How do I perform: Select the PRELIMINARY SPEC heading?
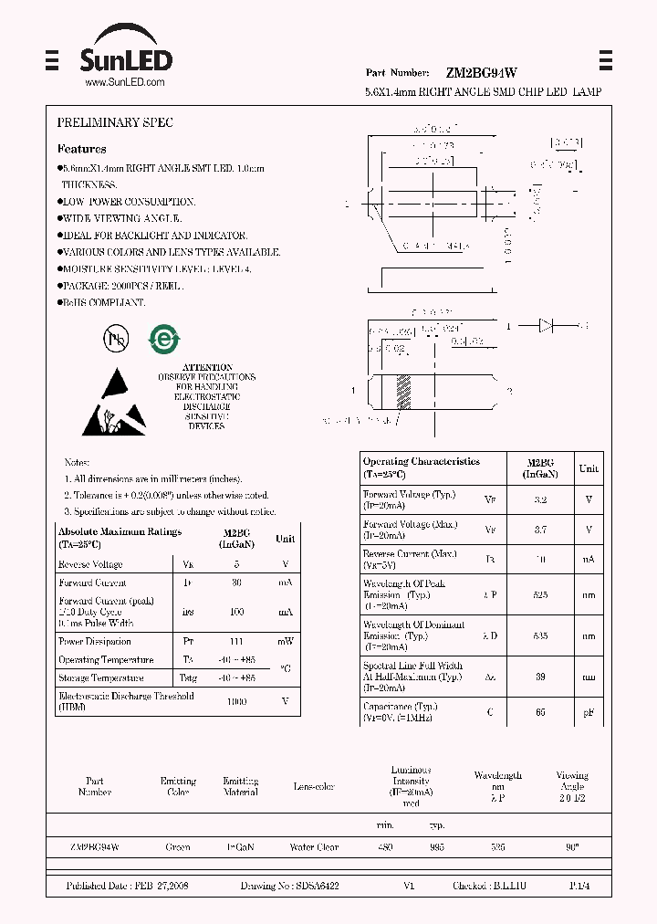(115, 122)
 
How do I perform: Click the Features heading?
(81, 149)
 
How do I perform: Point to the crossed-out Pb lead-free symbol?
(116, 340)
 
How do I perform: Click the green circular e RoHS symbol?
(164, 340)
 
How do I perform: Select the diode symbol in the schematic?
(547, 324)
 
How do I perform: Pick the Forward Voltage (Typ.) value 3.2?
(540, 499)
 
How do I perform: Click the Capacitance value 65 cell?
(540, 711)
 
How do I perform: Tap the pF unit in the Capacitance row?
(589, 711)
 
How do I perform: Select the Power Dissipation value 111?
(236, 641)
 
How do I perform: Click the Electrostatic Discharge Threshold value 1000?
(236, 701)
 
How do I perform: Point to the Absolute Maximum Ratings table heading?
(120, 537)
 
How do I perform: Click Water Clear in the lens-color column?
(314, 847)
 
